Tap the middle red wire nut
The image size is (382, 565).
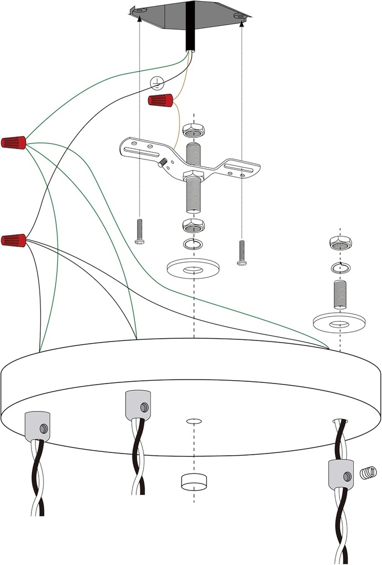[13, 142]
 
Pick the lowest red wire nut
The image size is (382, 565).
[13, 240]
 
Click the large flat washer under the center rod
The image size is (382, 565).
[193, 268]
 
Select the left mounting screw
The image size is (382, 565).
[139, 232]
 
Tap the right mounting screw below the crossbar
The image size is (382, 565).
[242, 253]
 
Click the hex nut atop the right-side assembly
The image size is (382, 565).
[340, 243]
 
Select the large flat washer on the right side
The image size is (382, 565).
[339, 321]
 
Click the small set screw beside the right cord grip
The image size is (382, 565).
[368, 472]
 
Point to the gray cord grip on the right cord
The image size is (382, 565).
[341, 476]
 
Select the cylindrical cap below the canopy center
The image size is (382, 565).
[193, 482]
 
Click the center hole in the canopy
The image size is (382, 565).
[194, 422]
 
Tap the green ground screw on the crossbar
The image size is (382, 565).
[163, 163]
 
